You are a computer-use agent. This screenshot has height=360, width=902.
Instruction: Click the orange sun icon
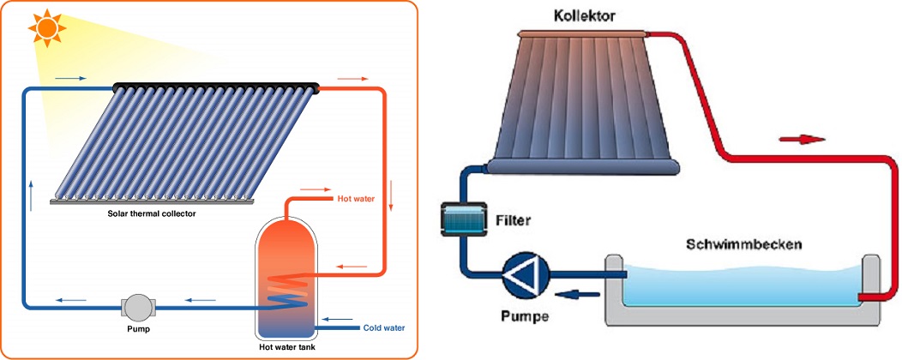point(47,27)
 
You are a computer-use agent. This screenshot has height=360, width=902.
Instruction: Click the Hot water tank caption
point(286,348)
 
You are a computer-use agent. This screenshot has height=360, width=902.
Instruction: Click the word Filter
point(514,220)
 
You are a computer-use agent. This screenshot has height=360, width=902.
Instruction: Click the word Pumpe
point(524,315)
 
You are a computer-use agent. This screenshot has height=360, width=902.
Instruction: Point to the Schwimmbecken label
point(744,244)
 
